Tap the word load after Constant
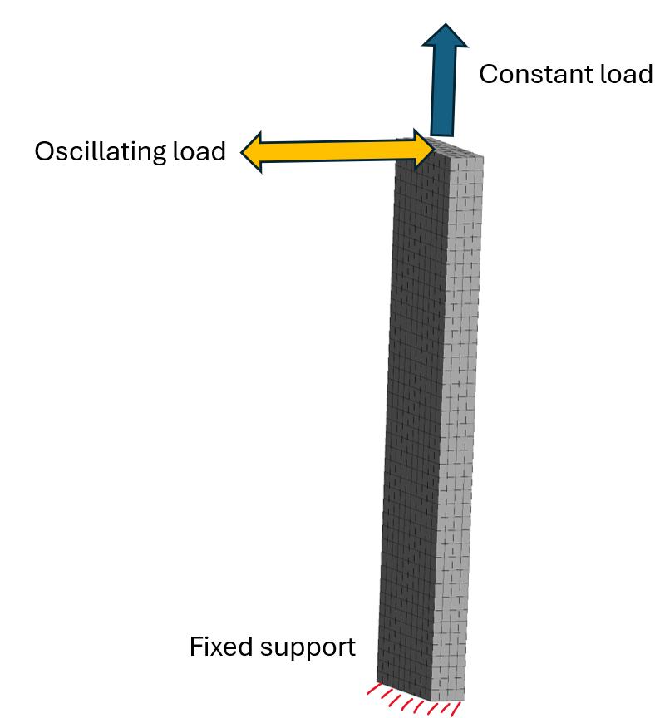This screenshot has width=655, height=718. coord(625,74)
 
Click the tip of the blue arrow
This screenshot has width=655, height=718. coord(446,27)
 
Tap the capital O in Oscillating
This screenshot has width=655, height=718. coord(44,152)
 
